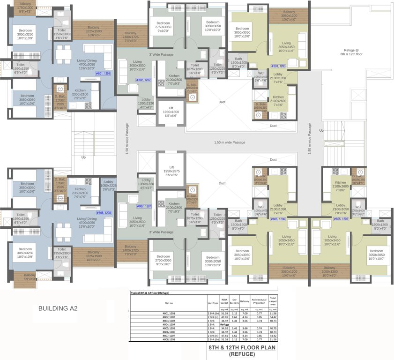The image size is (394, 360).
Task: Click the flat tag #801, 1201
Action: tap(103, 74)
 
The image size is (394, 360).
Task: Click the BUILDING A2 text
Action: tap(58, 309)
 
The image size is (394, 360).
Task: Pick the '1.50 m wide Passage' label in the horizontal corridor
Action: tap(229, 142)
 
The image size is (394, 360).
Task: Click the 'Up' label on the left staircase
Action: tap(83, 157)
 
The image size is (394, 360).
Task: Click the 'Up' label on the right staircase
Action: tap(321, 130)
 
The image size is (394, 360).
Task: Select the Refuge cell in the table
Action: tap(224, 324)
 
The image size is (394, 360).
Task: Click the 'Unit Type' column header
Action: tap(213, 302)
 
